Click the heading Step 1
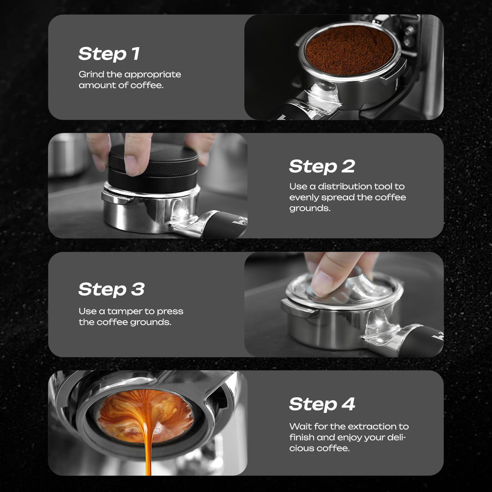(x=109, y=54)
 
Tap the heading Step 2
(x=322, y=166)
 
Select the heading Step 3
(x=112, y=289)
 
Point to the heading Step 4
(x=322, y=404)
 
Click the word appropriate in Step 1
(x=153, y=75)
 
